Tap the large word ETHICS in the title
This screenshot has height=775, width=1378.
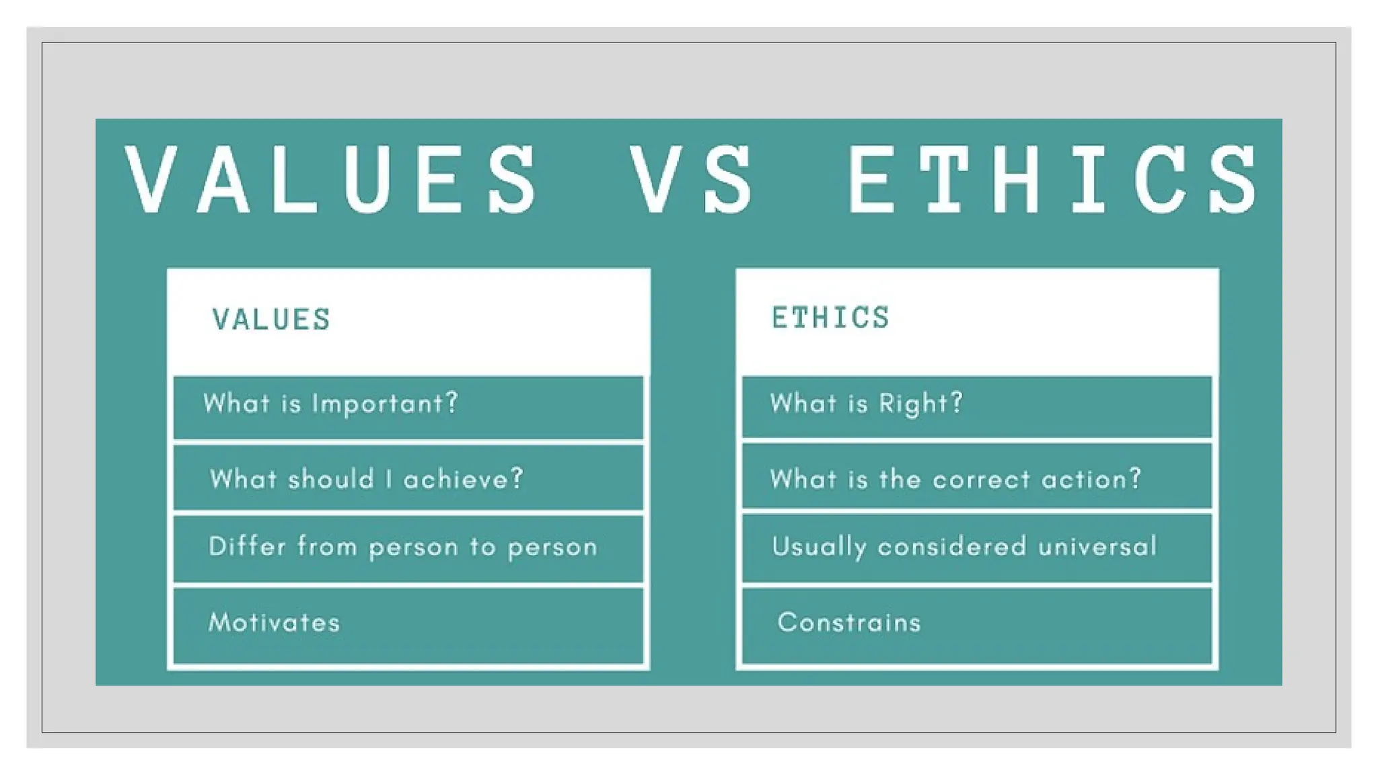1052,180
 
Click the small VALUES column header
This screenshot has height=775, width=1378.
271,320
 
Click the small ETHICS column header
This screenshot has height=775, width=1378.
830,318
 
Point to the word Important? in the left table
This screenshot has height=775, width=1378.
385,404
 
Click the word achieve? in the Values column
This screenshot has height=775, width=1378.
464,479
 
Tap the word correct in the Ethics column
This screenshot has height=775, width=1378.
981,479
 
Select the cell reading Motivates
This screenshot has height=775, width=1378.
274,622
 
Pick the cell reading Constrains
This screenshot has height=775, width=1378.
849,622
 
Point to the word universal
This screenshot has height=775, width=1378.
1097,546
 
